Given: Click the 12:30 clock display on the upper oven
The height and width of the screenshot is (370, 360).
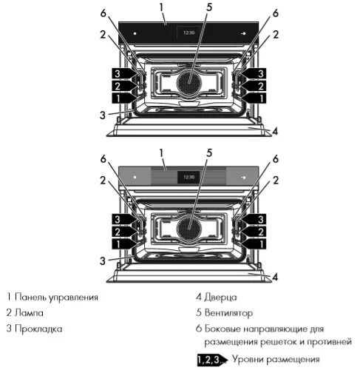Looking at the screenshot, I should point(189,33).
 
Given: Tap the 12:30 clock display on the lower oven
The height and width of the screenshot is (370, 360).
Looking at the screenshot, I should point(189,178).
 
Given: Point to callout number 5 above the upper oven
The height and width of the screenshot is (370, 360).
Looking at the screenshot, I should point(189,7).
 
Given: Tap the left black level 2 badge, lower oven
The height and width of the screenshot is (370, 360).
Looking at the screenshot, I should point(121,231).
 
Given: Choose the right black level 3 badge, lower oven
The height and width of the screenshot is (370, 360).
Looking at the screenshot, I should point(255,219).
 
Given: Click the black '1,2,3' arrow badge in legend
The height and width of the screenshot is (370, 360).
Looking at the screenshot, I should point(211,360).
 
